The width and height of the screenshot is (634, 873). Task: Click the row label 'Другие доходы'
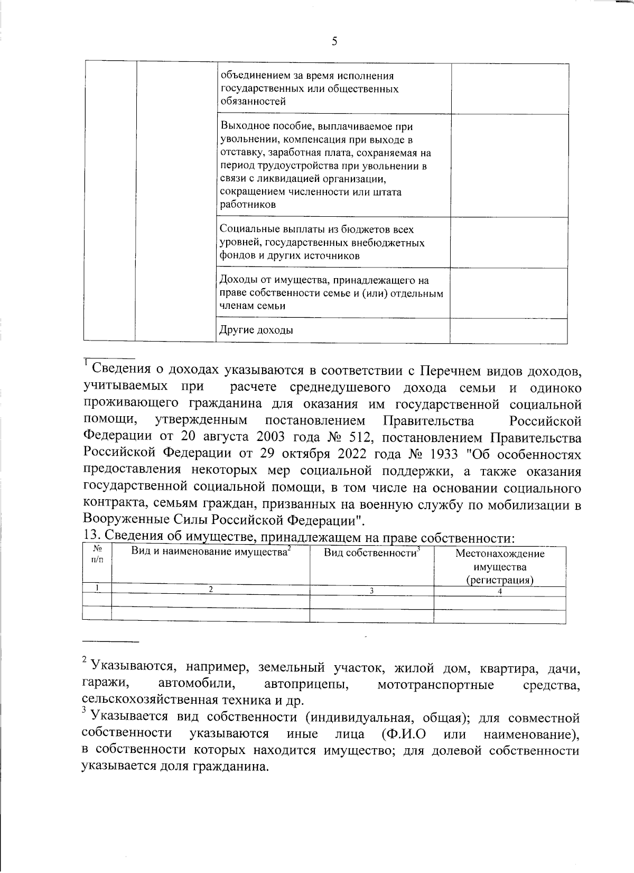coord(256,331)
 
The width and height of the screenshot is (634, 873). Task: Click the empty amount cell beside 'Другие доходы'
coord(509,331)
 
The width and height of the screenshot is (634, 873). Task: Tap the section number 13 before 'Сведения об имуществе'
coord(91,536)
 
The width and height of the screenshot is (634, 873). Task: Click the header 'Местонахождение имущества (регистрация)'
coord(499,567)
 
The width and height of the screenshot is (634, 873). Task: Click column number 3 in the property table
coord(371,591)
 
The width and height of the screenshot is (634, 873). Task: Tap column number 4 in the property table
coord(500,591)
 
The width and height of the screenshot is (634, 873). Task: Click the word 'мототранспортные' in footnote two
coord(436,686)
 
